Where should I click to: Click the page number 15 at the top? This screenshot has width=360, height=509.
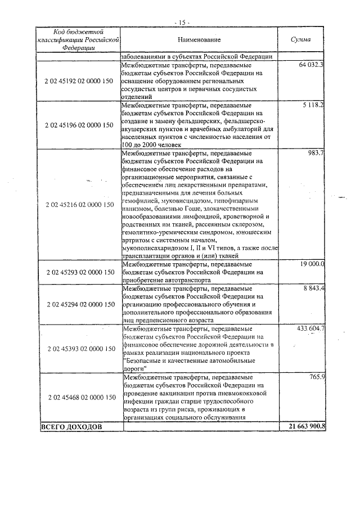tap(182, 22)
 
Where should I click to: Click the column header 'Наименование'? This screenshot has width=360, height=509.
tap(199, 40)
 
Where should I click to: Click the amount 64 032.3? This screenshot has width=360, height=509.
tap(311, 65)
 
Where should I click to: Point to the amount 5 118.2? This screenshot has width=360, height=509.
tap(313, 105)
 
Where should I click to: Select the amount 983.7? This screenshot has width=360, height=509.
tap(316, 153)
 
